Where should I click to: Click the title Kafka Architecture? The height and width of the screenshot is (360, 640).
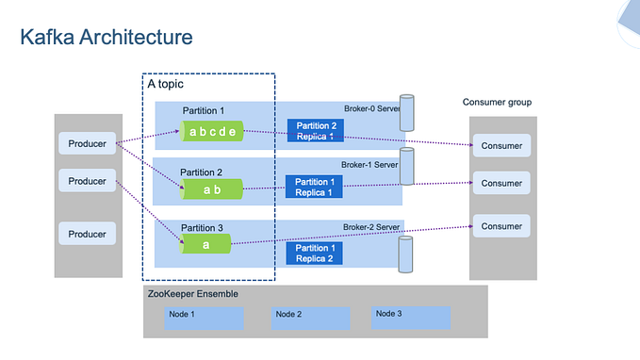click(x=107, y=38)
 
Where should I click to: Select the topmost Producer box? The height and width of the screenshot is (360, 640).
click(x=88, y=144)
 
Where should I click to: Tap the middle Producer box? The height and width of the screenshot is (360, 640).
click(x=88, y=180)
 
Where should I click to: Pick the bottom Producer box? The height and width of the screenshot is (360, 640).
click(x=88, y=233)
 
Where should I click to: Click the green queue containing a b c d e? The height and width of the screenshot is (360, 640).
click(x=213, y=132)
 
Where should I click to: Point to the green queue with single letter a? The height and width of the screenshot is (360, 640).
click(x=205, y=244)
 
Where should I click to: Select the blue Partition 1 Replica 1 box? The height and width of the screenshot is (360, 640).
click(x=314, y=187)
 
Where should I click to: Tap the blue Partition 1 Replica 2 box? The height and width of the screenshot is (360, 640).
click(x=314, y=253)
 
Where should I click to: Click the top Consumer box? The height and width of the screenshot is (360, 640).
click(x=501, y=145)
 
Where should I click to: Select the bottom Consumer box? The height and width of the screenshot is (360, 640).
click(x=501, y=226)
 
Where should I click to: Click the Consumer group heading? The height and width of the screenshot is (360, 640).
click(x=497, y=102)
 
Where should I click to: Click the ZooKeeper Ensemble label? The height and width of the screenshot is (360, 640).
click(x=193, y=294)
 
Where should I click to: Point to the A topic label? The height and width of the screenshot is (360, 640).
click(x=166, y=84)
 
